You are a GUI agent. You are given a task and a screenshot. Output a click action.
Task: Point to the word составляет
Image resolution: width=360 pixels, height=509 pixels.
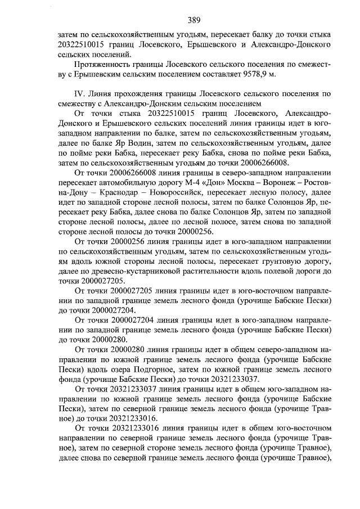coord(228,74)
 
